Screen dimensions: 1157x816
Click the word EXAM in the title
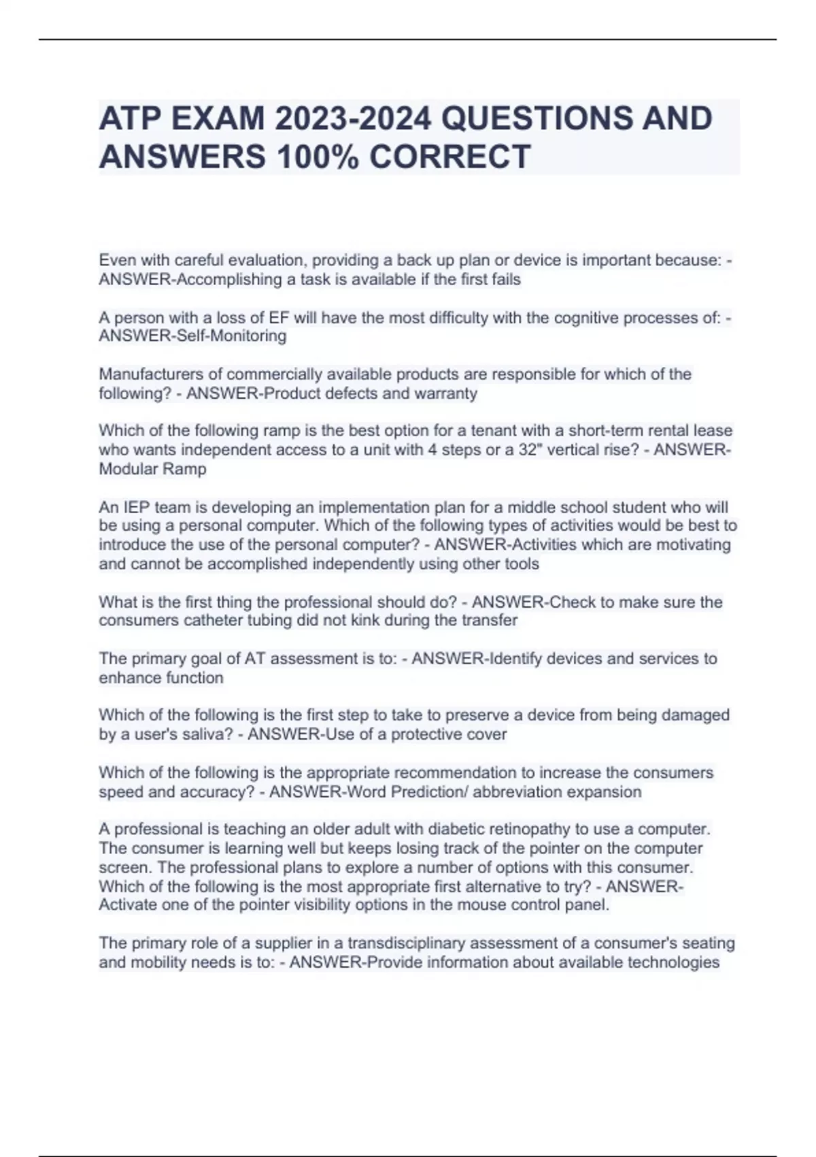point(217,118)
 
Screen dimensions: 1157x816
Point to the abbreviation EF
point(279,318)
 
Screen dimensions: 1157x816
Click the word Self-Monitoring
point(231,336)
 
